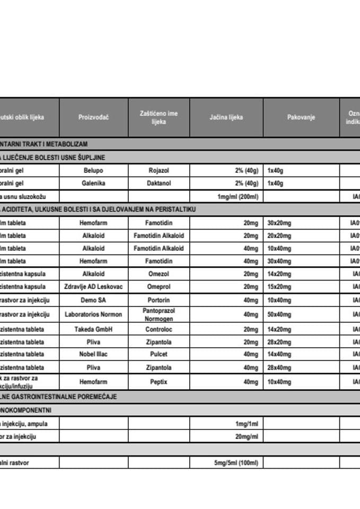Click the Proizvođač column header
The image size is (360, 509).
(x=93, y=117)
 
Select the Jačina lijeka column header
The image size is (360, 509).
(x=226, y=117)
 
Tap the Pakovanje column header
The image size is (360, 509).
(x=301, y=117)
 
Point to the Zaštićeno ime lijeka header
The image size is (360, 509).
(x=159, y=117)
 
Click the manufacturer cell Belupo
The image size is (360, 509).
(x=93, y=171)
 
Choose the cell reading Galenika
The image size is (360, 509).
(x=93, y=183)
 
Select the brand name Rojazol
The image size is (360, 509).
(x=159, y=171)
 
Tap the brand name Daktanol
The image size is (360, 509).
(x=159, y=183)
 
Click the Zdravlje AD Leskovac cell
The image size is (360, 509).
(x=93, y=287)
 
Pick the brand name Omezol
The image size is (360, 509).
(x=159, y=274)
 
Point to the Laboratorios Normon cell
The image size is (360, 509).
(x=93, y=314)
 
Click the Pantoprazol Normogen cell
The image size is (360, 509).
(x=159, y=314)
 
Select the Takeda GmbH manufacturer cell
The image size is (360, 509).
(x=93, y=329)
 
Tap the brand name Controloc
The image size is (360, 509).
(x=159, y=329)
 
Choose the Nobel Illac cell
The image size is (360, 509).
(x=93, y=354)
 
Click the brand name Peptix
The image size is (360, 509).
(x=159, y=381)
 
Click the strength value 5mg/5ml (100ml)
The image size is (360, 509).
(x=236, y=463)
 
